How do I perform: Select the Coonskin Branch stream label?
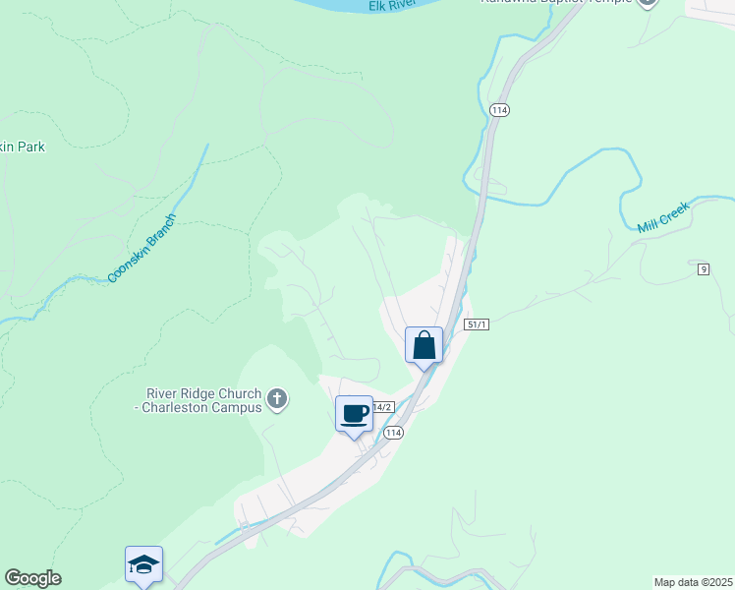[x=141, y=248]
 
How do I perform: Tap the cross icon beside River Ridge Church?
[x=277, y=399]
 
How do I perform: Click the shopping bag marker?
[x=424, y=345]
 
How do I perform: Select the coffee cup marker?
[x=354, y=414]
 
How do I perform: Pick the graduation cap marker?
[x=143, y=564]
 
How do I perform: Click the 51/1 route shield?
[x=477, y=324]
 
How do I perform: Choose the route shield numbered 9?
[x=704, y=268]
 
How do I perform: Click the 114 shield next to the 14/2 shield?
[x=394, y=433]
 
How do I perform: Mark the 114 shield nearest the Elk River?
[x=499, y=110]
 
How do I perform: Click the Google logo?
[x=32, y=578]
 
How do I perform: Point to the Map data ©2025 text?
[x=693, y=581]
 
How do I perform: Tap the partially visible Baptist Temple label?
[x=555, y=3]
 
